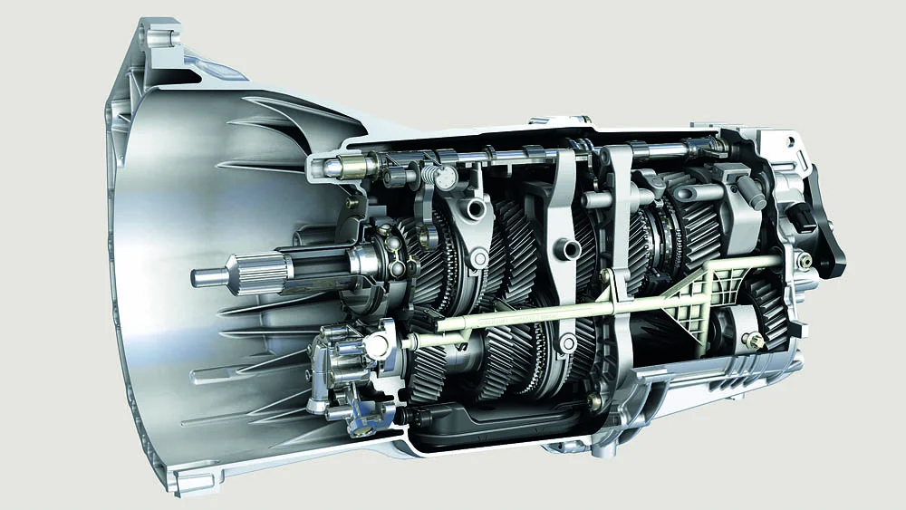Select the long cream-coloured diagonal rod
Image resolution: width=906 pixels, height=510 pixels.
(580, 303)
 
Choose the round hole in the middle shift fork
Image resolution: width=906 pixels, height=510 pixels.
(570, 247)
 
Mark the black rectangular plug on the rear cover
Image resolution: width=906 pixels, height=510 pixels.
(802, 214)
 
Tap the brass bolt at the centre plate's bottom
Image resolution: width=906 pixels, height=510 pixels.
(594, 399)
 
